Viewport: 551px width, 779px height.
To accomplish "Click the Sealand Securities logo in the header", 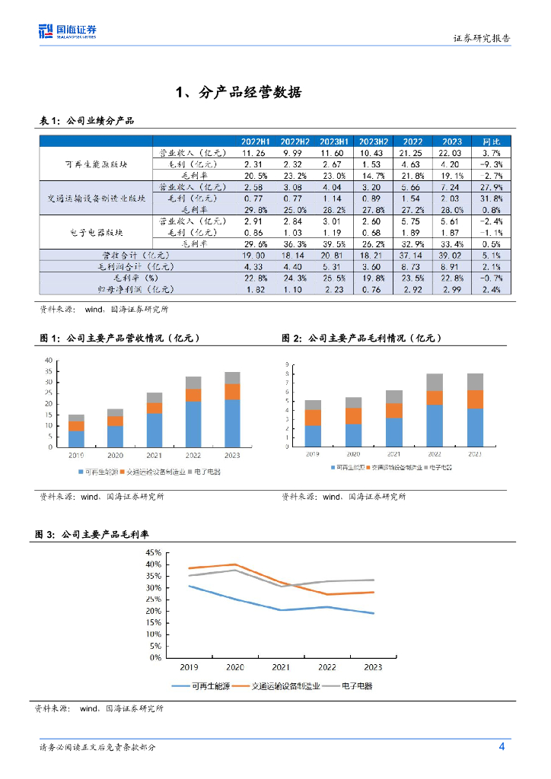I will point(68,31).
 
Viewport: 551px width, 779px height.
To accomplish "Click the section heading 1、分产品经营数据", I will point(238,93).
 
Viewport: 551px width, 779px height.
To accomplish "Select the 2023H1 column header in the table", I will point(333,142).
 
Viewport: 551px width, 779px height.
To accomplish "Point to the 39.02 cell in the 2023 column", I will point(452,255).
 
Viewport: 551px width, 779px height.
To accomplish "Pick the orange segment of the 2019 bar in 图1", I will point(76,426).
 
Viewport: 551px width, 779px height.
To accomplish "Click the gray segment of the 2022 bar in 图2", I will point(435,382).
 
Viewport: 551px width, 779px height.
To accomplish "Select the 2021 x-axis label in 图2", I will point(393,453).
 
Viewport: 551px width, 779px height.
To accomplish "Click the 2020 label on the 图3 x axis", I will point(235,667).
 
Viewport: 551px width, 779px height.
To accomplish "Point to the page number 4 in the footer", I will point(502,746).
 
